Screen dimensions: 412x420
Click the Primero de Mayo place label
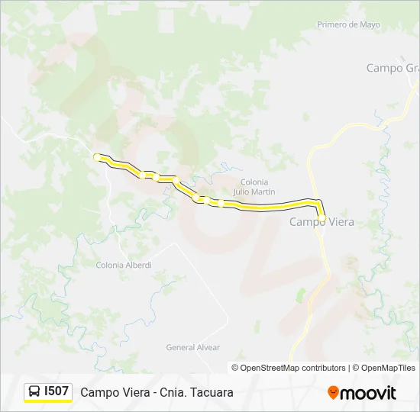pyautogui.click(x=347, y=24)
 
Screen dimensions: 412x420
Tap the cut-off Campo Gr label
pyautogui.click(x=393, y=68)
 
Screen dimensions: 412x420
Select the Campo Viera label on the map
pyautogui.click(x=321, y=222)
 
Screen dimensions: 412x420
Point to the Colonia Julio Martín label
pyautogui.click(x=254, y=187)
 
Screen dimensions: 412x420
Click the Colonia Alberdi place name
pyautogui.click(x=124, y=265)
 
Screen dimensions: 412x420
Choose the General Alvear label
pyautogui.click(x=192, y=347)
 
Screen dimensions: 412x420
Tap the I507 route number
pyautogui.click(x=57, y=391)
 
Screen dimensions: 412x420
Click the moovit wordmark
pyautogui.click(x=368, y=393)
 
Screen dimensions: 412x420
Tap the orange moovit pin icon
pyautogui.click(x=333, y=392)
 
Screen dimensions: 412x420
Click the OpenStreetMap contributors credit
pyautogui.click(x=292, y=368)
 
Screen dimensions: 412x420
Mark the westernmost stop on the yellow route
pyautogui.click(x=97, y=156)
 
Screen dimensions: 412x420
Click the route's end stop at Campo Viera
pyautogui.click(x=321, y=217)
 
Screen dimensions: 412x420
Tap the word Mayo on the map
pyautogui.click(x=369, y=24)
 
